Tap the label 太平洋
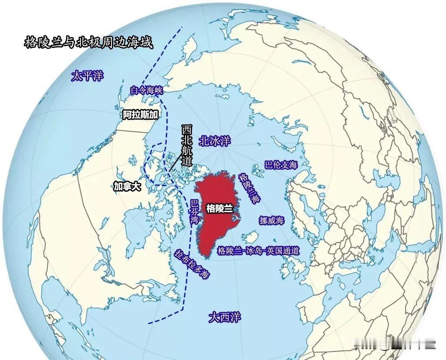88,76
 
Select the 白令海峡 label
146,91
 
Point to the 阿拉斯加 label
139,115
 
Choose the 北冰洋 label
214,141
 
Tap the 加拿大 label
127,187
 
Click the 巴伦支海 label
281,165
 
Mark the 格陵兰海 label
250,188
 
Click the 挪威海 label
271,221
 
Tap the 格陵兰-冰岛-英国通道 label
258,251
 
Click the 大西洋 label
224,316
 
